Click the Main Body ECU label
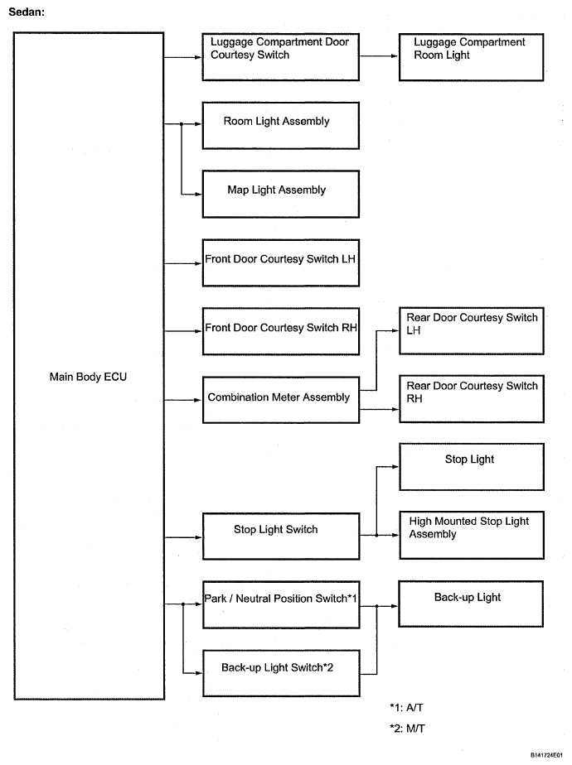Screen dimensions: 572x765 [x=88, y=378]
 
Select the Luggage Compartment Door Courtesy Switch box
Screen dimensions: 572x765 [x=281, y=57]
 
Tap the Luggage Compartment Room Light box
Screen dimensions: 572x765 [x=472, y=57]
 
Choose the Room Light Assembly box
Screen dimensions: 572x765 [x=281, y=126]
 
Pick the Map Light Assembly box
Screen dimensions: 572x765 [x=281, y=195]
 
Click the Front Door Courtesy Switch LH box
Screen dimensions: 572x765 [x=281, y=263]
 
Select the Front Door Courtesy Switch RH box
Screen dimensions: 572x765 [x=281, y=331]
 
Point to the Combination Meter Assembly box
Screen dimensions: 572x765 [x=281, y=400]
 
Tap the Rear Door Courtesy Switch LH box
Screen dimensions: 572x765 [x=472, y=331]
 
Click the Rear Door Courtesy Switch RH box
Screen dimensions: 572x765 [x=472, y=399]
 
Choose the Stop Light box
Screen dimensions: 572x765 [x=472, y=467]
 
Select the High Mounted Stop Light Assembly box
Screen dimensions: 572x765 [x=472, y=535]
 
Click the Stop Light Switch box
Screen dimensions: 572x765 [x=281, y=536]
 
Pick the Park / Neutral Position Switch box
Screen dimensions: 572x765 [x=281, y=604]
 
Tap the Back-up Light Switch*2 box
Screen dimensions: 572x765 [x=281, y=673]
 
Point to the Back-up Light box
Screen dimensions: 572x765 [x=471, y=604]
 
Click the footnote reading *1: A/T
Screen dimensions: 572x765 [x=406, y=707]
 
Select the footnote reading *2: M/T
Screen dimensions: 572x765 [x=407, y=729]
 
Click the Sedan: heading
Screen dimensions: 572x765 [x=27, y=12]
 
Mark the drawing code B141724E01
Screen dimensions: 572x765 [x=546, y=755]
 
